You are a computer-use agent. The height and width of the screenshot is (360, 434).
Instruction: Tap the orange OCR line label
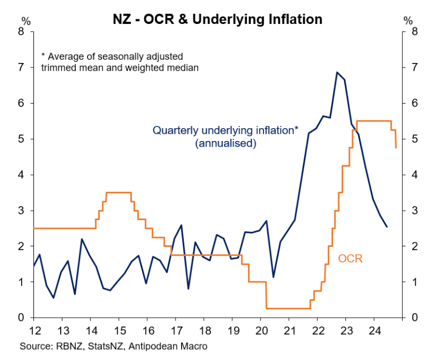point(350,259)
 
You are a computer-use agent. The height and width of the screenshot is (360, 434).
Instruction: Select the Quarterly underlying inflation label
point(226,130)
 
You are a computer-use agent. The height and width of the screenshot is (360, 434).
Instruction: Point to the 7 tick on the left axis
point(23,67)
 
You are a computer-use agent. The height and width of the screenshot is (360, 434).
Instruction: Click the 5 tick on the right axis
point(413,139)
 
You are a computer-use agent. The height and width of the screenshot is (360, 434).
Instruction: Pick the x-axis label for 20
point(261,328)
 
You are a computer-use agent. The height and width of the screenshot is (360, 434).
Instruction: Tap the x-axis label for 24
point(374,328)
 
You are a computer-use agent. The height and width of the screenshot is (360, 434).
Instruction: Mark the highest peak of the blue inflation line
point(337,72)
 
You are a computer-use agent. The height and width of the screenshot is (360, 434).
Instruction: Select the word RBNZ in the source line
point(66,346)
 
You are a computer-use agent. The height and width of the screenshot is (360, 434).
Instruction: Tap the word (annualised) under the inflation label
point(225,143)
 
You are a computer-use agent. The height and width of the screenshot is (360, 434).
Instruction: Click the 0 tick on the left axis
point(23,318)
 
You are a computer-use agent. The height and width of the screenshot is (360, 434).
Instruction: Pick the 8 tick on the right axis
point(413,32)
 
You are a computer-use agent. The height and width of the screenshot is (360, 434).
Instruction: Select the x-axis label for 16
point(148,328)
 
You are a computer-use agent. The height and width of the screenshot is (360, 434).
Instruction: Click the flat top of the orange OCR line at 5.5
point(373,120)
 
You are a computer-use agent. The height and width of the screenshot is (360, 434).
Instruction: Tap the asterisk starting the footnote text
point(43,56)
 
